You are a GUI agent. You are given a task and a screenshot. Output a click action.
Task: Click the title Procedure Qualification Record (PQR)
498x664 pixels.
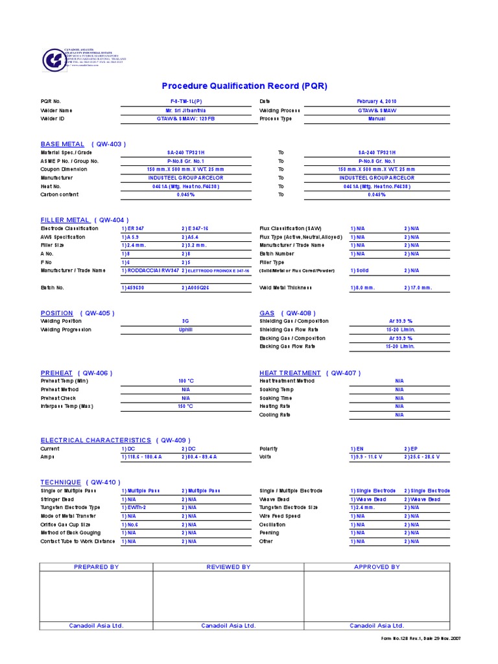pos(244,86)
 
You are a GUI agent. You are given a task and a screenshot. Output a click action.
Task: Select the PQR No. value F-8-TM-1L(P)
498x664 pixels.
pos(185,102)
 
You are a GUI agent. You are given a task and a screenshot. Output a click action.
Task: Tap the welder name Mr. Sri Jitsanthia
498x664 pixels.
pos(185,110)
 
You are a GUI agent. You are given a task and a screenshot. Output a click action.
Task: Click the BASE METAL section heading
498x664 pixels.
pos(62,144)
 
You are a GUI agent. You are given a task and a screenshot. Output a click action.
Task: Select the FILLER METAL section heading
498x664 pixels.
pos(65,220)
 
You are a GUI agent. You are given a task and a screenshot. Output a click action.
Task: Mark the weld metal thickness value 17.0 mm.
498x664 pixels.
pos(418,287)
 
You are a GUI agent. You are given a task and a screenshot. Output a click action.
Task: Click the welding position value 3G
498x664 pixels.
pos(185,321)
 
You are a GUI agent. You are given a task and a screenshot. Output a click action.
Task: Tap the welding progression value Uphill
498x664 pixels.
pos(185,329)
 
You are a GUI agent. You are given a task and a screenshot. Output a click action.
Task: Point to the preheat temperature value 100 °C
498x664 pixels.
pos(185,381)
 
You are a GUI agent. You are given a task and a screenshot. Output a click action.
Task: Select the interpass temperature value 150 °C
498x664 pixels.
pos(185,407)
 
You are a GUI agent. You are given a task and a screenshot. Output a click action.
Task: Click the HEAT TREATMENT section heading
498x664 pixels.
pos(290,373)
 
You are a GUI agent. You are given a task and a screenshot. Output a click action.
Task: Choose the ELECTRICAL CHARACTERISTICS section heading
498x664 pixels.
pos(95,440)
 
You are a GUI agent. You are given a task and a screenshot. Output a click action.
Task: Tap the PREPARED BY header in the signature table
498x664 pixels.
pos(96,567)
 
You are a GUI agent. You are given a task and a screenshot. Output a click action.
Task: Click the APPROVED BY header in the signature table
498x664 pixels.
pos(377,567)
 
